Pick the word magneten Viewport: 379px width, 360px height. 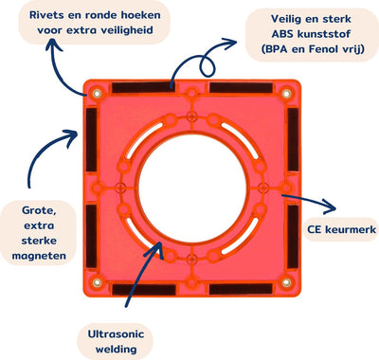pyautogui.click(x=39, y=256)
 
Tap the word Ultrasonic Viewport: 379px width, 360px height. pyautogui.click(x=116, y=334)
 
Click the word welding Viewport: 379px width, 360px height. pyautogui.click(x=117, y=350)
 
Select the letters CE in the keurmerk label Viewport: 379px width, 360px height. pyautogui.click(x=315, y=229)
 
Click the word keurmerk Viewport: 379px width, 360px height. pyautogui.click(x=351, y=229)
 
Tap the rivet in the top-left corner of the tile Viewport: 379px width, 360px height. pyautogui.click(x=97, y=94)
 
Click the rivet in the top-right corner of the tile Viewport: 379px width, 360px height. pyautogui.click(x=286, y=94)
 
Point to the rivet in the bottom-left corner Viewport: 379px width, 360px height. pyautogui.click(x=97, y=282)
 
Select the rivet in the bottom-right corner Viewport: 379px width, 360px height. pyautogui.click(x=286, y=282)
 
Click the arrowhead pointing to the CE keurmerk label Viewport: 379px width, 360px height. pyautogui.click(x=330, y=207)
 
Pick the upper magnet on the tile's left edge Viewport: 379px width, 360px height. pyautogui.click(x=92, y=139)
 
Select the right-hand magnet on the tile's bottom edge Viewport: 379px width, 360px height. pyautogui.click(x=241, y=289)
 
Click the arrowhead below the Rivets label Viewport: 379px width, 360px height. pyautogui.click(x=53, y=45)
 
